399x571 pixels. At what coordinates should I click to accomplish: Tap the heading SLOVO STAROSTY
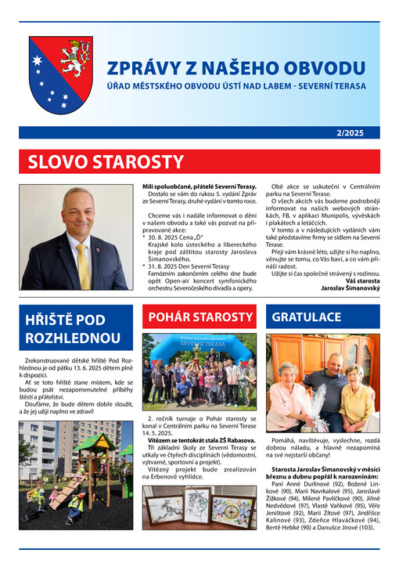(x=105, y=163)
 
